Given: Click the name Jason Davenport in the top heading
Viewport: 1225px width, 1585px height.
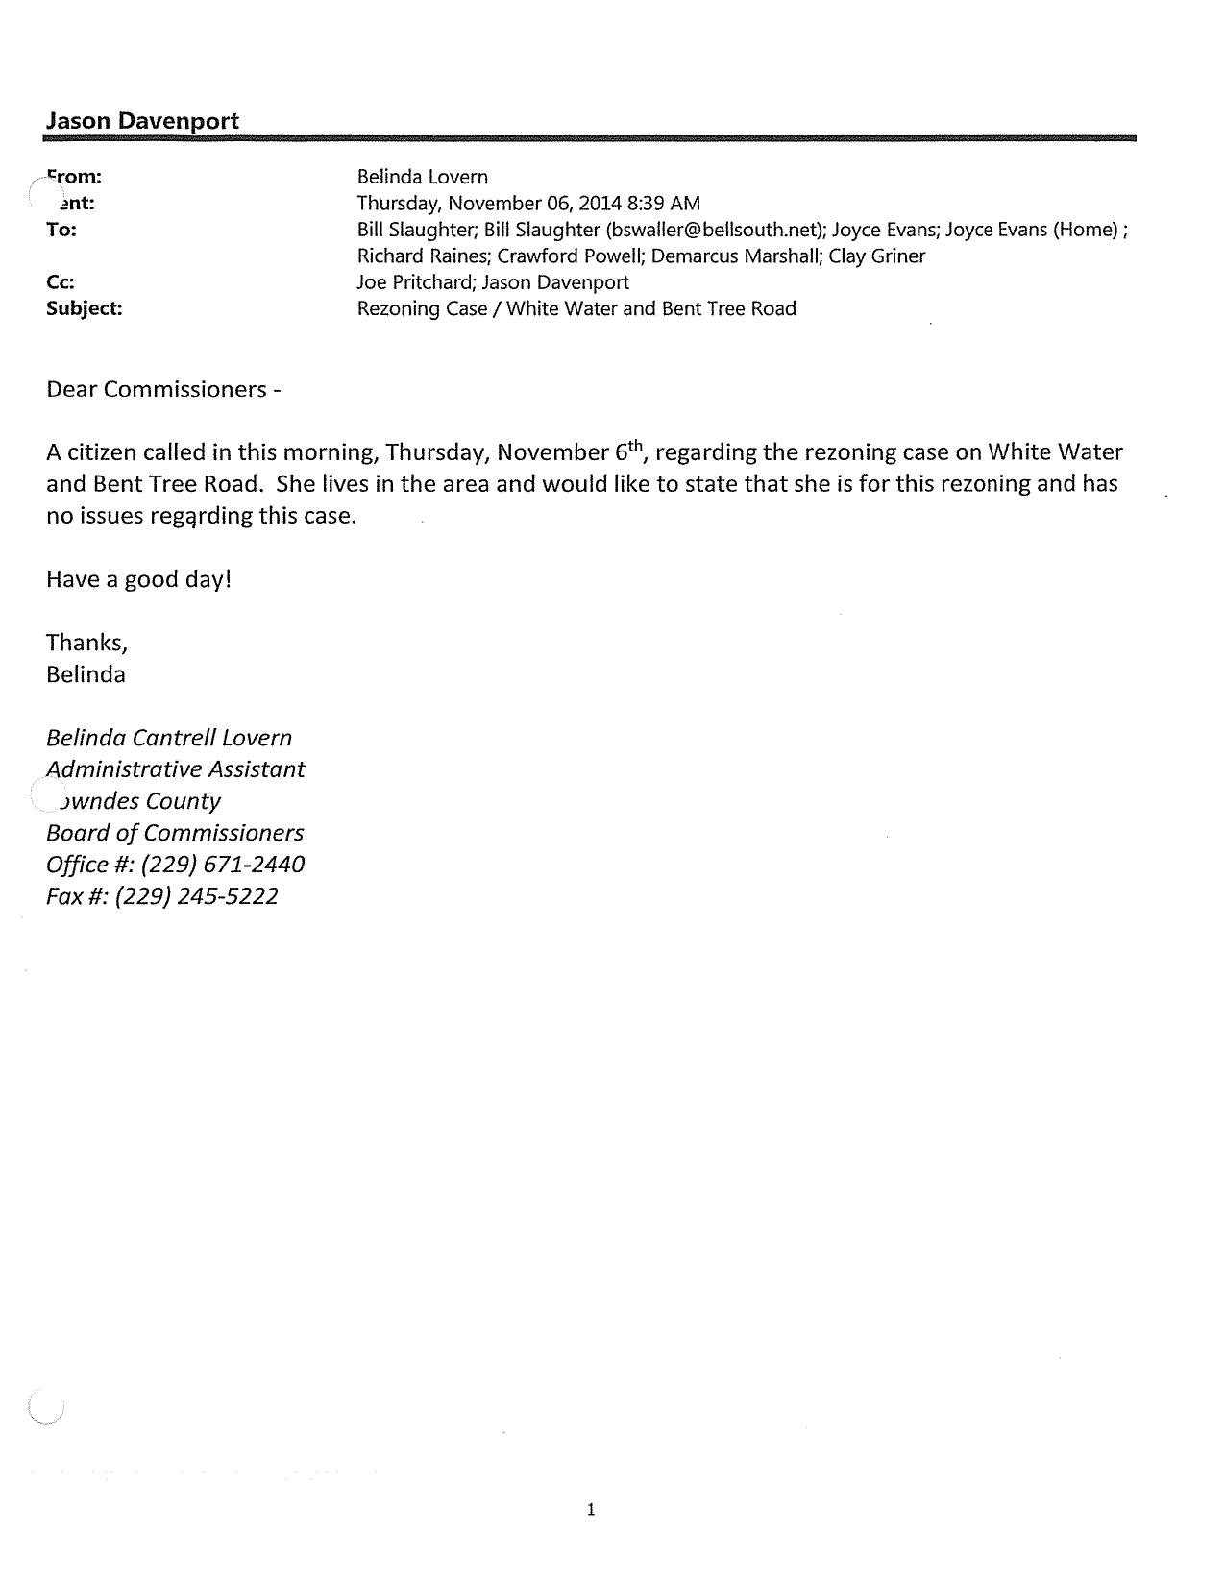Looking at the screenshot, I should click(142, 121).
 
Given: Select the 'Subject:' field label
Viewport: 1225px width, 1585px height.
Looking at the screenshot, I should click(85, 308).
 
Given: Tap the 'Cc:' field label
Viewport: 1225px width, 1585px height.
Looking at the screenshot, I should click(61, 282).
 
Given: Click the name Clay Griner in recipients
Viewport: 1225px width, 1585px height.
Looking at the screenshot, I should click(877, 256).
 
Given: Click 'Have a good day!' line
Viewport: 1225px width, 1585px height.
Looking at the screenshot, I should click(139, 579).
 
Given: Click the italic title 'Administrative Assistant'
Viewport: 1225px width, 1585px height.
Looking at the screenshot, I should click(176, 769).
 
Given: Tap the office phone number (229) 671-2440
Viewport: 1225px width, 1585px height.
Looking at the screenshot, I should click(223, 865).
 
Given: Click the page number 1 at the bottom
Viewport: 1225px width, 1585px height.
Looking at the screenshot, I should click(591, 1510).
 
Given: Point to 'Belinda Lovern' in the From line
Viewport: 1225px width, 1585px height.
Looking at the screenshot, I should click(423, 177).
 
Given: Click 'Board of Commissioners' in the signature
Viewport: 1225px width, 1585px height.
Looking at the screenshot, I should click(175, 833).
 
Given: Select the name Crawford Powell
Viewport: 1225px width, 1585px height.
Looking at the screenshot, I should click(562, 256).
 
